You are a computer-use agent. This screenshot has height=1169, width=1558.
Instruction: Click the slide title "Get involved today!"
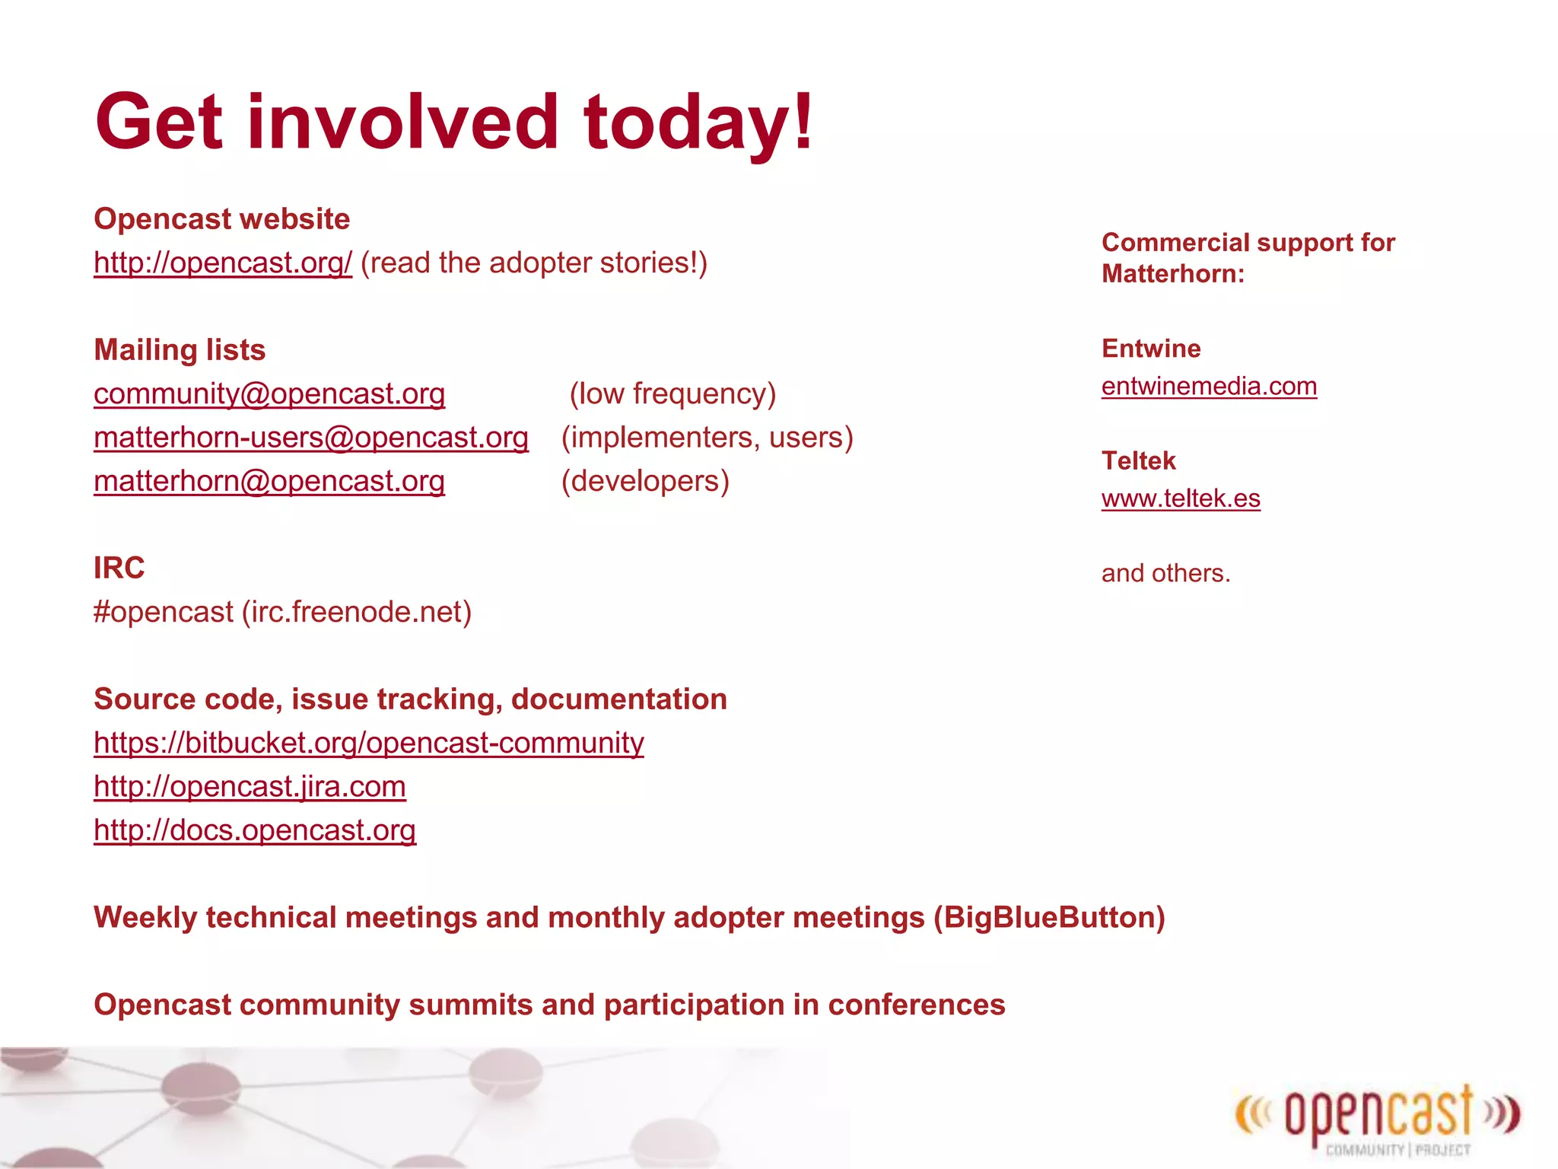click(454, 122)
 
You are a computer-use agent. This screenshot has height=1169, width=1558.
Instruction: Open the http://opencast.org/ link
click(223, 263)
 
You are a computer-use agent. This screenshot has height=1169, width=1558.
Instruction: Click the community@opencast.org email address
click(269, 393)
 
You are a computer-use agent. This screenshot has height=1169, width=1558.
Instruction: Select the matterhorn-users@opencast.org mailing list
click(311, 438)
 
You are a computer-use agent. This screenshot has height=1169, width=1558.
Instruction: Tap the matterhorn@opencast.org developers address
click(269, 481)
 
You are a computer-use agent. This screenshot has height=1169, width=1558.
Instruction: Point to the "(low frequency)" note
click(672, 393)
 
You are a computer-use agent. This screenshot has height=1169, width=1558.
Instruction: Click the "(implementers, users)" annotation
click(707, 438)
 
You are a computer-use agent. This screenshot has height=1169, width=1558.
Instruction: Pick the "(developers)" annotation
click(645, 481)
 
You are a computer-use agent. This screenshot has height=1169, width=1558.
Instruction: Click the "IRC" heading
click(119, 568)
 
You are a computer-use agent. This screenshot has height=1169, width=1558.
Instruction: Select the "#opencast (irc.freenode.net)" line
click(282, 612)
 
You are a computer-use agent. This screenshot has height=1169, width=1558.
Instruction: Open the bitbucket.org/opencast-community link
click(369, 743)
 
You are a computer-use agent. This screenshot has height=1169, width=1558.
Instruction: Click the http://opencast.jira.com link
click(250, 786)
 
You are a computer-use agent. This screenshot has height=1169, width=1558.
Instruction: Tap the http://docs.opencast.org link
click(255, 830)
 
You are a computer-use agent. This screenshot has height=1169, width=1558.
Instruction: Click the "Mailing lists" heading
click(180, 350)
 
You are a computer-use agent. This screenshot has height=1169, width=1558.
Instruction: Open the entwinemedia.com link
click(1209, 387)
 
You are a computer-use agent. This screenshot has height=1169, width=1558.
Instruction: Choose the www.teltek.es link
click(1181, 498)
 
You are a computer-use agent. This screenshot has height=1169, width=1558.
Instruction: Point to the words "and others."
click(1165, 573)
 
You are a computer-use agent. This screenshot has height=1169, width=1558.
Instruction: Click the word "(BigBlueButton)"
click(1049, 918)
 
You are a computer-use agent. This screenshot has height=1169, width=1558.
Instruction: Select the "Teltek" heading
click(1138, 460)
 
